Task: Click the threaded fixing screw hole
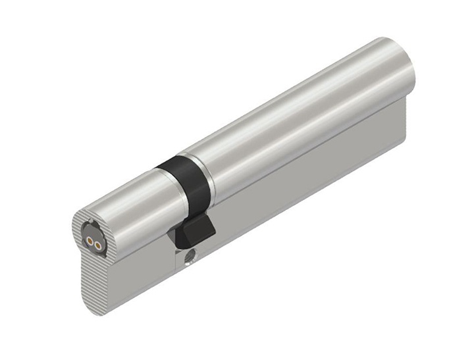click(x=190, y=253)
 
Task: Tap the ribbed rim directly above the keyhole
click(x=86, y=219)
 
